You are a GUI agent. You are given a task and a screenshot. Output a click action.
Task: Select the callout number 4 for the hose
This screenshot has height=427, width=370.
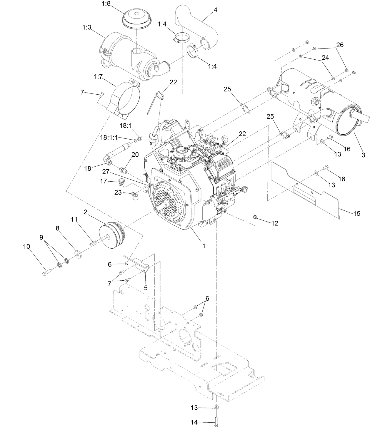pos(216,10)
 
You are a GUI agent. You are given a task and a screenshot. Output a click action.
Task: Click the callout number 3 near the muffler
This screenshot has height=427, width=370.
pos(363,155)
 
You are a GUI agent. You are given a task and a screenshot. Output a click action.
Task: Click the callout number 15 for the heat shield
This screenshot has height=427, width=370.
pos(356,214)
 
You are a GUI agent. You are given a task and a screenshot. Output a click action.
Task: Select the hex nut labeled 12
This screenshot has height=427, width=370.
pos(255,217)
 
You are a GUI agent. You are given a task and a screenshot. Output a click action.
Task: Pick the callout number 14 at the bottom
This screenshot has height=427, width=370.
pos(194,423)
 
